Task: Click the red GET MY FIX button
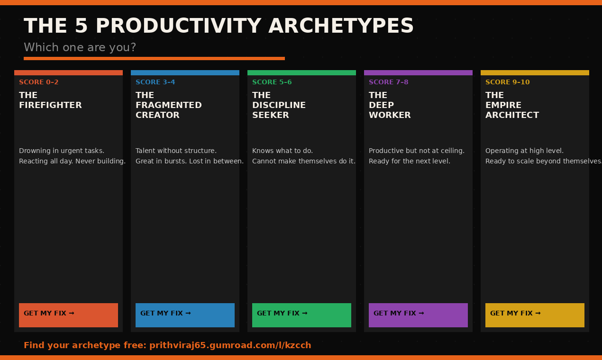tap(68, 315)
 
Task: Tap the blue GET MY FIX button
tap(185, 315)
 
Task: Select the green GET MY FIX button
tap(301, 315)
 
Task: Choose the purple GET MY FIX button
tap(418, 315)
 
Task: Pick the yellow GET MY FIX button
tap(535, 315)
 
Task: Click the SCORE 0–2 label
tap(39, 82)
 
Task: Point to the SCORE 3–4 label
tap(155, 82)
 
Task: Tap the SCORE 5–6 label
tap(272, 82)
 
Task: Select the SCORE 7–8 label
tap(388, 82)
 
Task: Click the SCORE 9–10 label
tap(507, 82)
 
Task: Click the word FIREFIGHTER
tap(50, 105)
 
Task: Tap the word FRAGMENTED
tap(168, 105)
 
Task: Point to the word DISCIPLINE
tap(279, 105)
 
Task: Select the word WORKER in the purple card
tap(390, 115)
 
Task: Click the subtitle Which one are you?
tap(80, 47)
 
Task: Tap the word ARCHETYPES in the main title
tap(341, 26)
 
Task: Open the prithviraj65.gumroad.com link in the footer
tap(230, 345)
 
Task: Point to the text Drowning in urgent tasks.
tap(62, 151)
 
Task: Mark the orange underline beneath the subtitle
tap(154, 59)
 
